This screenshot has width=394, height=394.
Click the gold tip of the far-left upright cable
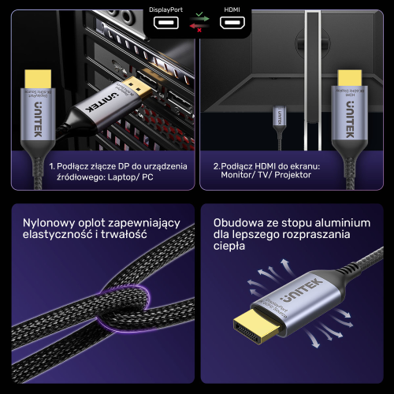pos(36,79)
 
